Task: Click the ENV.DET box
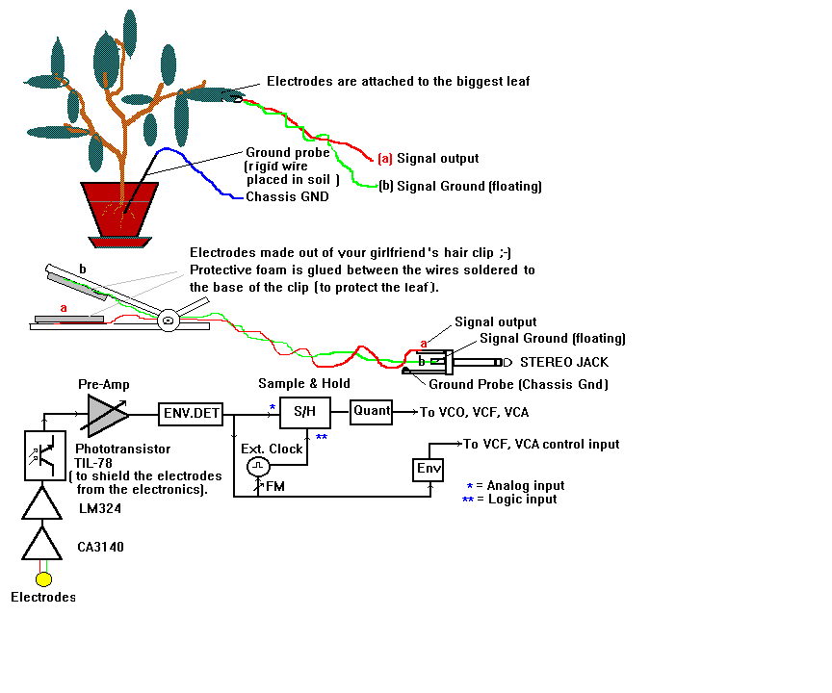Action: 191,415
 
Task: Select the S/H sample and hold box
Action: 304,411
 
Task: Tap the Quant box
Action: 372,411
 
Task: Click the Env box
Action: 428,469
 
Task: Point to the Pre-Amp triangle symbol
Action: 107,415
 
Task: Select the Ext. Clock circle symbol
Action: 257,466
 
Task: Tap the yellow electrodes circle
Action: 43,578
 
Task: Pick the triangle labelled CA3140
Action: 43,547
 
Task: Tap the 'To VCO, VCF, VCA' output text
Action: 474,412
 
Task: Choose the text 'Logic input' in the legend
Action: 524,499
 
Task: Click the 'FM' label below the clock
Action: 274,486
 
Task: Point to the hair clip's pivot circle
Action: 169,320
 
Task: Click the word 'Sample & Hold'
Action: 298,383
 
